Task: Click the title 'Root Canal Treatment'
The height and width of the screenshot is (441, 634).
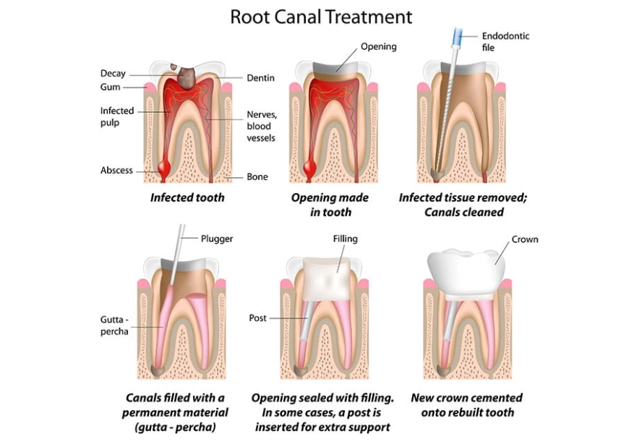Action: click(321, 16)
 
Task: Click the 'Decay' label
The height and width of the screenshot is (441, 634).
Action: click(113, 73)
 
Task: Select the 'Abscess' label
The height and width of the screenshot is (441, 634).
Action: click(116, 171)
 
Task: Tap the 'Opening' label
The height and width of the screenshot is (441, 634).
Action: click(379, 47)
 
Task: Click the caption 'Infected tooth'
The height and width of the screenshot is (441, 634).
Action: click(187, 197)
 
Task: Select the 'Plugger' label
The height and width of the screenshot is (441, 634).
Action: click(216, 238)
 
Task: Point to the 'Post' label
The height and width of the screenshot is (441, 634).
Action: click(257, 318)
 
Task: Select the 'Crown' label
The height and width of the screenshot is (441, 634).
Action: click(524, 239)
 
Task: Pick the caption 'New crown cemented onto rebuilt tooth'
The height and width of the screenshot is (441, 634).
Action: click(466, 405)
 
